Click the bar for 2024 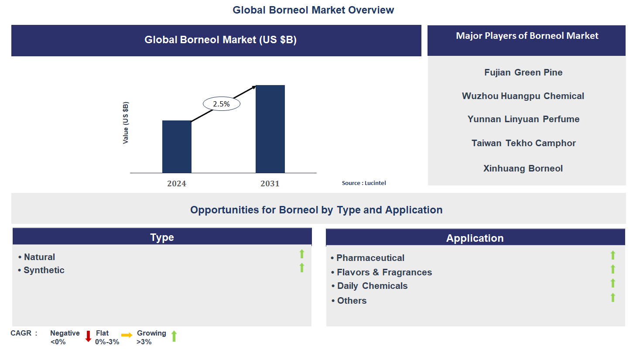click(x=177, y=147)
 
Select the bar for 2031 click(x=270, y=129)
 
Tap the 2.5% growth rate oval click(x=222, y=104)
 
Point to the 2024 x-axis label click(x=177, y=184)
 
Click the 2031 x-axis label click(x=270, y=184)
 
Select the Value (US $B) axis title click(x=126, y=123)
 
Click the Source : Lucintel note click(x=364, y=183)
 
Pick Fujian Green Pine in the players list click(x=523, y=72)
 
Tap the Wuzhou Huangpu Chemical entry click(x=523, y=96)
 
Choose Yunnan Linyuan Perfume click(x=523, y=119)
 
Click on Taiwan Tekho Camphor click(x=524, y=143)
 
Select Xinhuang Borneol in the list click(x=523, y=168)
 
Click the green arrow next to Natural click(x=301, y=254)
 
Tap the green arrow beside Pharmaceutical click(x=612, y=255)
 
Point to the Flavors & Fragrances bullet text click(x=384, y=272)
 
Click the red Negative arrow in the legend click(x=88, y=336)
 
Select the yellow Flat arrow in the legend click(x=127, y=335)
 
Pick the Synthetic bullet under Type click(x=44, y=270)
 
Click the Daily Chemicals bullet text click(x=372, y=286)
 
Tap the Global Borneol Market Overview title click(x=313, y=10)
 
